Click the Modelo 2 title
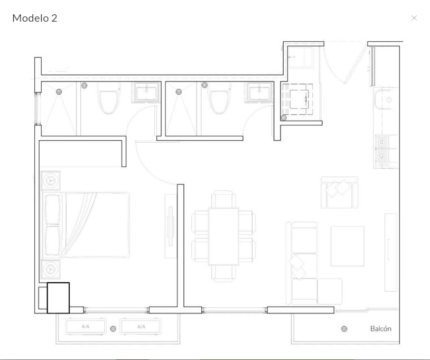(x=35, y=18)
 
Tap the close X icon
(x=414, y=18)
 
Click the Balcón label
(x=381, y=328)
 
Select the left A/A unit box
(x=85, y=326)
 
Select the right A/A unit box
(x=141, y=326)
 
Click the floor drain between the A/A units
(x=113, y=329)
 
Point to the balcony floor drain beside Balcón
(x=344, y=328)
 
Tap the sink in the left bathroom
(x=146, y=93)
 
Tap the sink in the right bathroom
(x=259, y=93)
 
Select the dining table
(x=223, y=236)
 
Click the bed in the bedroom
(x=86, y=225)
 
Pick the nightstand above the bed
(x=51, y=181)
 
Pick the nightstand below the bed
(x=51, y=269)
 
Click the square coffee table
(x=348, y=246)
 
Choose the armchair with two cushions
(x=340, y=192)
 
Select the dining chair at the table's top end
(x=223, y=199)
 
